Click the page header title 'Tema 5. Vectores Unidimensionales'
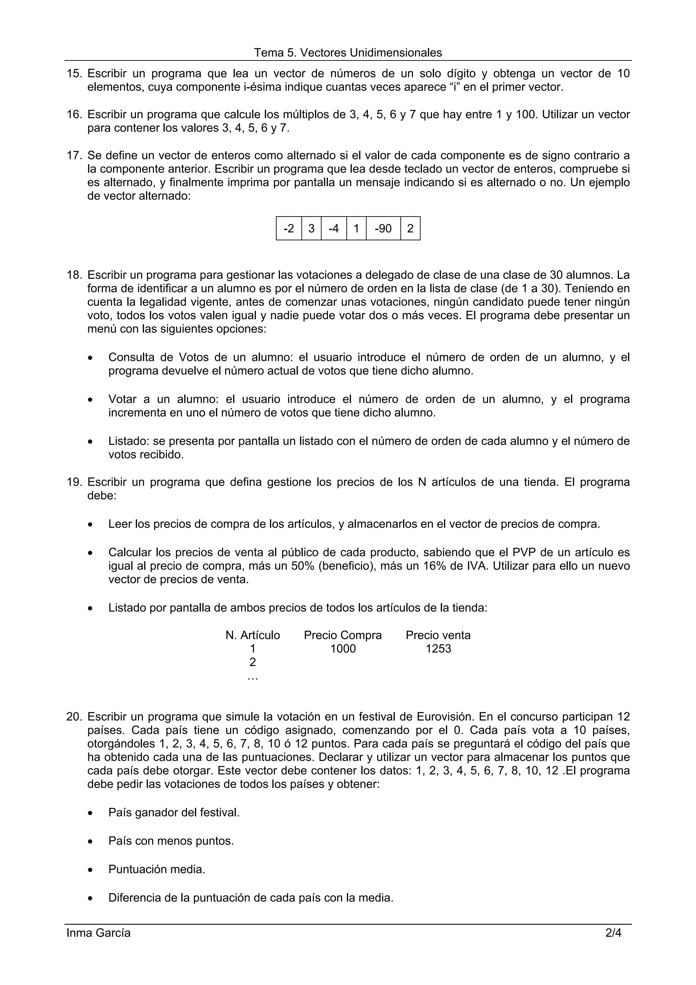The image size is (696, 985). click(x=348, y=53)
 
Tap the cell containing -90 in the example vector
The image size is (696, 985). click(x=383, y=229)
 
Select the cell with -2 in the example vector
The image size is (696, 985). click(x=289, y=229)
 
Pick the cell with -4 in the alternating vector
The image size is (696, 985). click(x=334, y=229)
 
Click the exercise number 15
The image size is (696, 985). click(x=74, y=74)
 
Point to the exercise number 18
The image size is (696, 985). click(x=74, y=275)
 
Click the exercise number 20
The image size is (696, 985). click(x=74, y=717)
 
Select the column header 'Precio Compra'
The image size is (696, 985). click(x=343, y=635)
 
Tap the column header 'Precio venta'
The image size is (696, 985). click(x=438, y=635)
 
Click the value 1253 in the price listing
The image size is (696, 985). click(x=438, y=649)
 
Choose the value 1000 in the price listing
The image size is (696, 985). click(x=343, y=649)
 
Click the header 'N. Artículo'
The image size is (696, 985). click(x=253, y=635)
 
